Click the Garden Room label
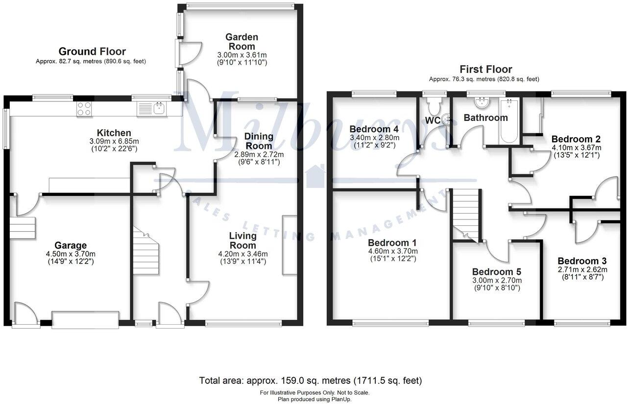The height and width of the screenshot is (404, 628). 242,42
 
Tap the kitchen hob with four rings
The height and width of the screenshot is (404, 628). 83,108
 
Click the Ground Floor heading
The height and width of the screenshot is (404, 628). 92,51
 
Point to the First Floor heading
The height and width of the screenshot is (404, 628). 485,70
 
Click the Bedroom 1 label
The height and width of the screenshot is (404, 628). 392,243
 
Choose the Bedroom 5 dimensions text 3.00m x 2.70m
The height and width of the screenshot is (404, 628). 496,281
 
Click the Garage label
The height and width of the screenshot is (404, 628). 71,245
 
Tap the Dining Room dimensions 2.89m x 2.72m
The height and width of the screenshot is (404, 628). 259,154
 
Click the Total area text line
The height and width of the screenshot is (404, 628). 311,380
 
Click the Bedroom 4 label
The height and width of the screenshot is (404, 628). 373,129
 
